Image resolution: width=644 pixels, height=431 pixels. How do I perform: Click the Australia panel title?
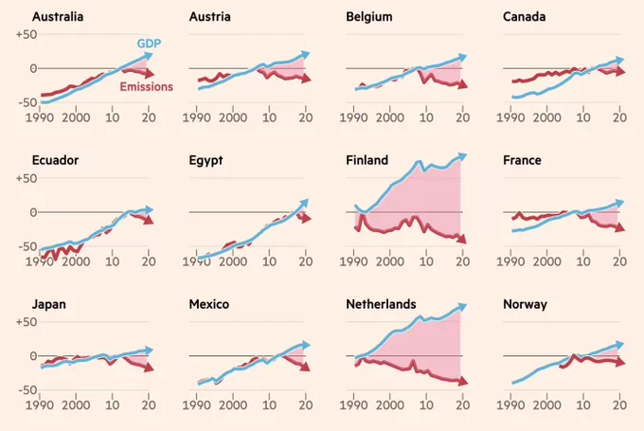coord(58,17)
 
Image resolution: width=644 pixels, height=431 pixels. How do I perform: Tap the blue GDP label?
coord(149,44)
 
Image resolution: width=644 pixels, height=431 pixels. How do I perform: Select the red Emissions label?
coord(146,87)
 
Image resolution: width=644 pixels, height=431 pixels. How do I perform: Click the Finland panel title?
coord(367,160)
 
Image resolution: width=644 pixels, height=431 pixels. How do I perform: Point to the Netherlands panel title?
coord(381,304)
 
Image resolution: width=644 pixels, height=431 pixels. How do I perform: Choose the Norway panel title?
coord(525,304)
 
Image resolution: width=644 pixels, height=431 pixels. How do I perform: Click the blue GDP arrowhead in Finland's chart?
coord(462,156)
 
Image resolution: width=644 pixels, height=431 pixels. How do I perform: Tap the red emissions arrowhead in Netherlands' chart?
coord(463,382)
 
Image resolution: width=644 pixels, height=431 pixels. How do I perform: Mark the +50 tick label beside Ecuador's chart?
coord(27,179)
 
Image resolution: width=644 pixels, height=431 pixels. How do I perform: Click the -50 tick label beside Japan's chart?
coord(27,390)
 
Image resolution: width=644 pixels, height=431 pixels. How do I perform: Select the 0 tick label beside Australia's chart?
coord(34,68)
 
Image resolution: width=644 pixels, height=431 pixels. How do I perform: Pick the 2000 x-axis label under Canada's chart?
coord(546,117)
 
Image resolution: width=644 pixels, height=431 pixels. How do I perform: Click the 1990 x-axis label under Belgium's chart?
coord(353,117)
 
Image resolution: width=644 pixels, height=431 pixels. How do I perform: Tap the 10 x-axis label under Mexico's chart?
coord(269,405)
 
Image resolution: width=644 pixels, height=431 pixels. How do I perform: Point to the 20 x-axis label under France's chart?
coord(619,261)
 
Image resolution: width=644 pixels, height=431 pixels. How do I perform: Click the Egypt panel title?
coord(206,161)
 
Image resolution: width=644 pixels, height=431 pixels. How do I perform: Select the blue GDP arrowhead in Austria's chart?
coord(305,55)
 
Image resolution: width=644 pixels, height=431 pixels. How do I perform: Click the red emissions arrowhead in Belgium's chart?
coord(463,84)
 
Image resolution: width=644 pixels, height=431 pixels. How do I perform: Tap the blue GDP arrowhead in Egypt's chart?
coord(304,203)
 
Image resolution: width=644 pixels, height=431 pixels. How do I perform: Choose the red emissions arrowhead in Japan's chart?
coord(149,368)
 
